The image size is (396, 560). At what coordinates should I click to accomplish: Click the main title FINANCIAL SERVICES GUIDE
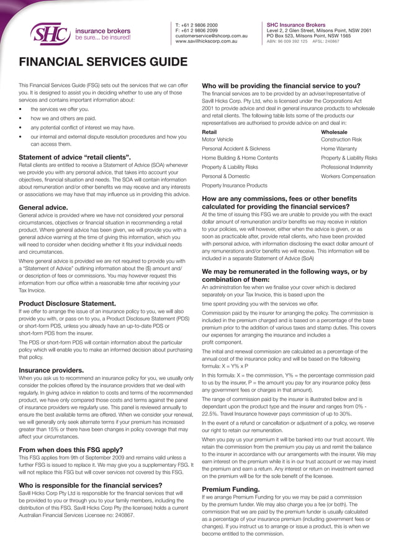pos(103,62)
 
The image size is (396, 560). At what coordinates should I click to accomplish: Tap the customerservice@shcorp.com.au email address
pos(212,36)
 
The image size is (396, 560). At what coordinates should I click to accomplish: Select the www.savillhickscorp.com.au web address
pos(206,42)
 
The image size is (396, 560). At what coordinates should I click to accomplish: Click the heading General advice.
pos(43,207)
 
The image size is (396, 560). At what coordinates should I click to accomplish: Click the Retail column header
pos(209,132)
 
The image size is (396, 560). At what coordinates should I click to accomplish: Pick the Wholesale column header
pos(335,132)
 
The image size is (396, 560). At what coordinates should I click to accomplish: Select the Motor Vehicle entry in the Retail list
pos(217,140)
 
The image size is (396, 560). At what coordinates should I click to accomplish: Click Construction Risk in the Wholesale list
pos(341,140)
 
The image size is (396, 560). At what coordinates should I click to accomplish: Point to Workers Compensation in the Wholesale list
pos(349,177)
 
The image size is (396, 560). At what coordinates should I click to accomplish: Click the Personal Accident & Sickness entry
pos(236,149)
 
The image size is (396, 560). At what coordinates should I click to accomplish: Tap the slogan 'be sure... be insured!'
pos(103,37)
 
